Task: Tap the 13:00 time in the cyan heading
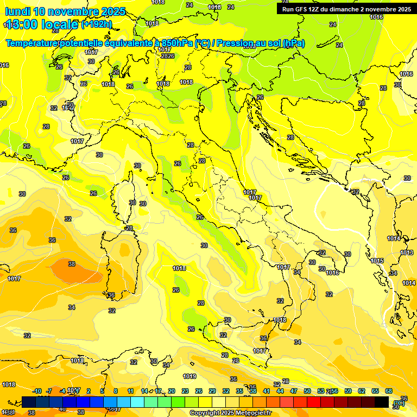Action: pyautogui.click(x=22, y=24)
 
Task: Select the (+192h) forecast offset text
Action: pyautogui.click(x=96, y=24)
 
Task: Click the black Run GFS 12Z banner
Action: pyautogui.click(x=345, y=9)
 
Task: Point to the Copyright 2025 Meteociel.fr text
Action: pyautogui.click(x=230, y=413)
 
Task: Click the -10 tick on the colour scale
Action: pyautogui.click(x=37, y=391)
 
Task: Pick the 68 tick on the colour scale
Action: pyautogui.click(x=389, y=391)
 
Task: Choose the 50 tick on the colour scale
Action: pyautogui.click(x=307, y=391)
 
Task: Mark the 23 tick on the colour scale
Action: pyautogui.click(x=185, y=391)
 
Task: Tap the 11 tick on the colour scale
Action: pyautogui.click(x=130, y=391)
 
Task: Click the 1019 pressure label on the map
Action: pyautogui.click(x=189, y=376)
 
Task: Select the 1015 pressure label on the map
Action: pyautogui.click(x=377, y=261)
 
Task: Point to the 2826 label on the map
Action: pyautogui.click(x=167, y=56)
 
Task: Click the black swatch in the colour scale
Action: pyautogui.click(x=382, y=402)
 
